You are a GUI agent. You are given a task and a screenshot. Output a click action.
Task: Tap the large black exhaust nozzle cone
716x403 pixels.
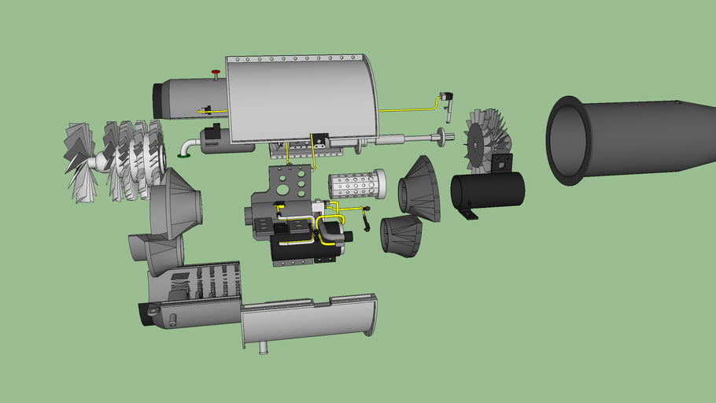tap(629, 139)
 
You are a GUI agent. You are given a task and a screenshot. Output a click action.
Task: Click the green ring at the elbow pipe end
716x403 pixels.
tap(183, 154)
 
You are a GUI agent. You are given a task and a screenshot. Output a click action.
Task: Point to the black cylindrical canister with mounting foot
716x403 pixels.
tap(488, 190)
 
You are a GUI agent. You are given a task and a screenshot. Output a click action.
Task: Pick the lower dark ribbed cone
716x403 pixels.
tap(402, 235)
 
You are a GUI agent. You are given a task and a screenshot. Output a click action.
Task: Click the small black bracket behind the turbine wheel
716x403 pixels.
tap(502, 164)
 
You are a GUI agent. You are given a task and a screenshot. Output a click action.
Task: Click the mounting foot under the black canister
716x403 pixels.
tap(468, 213)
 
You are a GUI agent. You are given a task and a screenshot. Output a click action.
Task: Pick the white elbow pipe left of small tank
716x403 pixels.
tap(188, 146)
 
